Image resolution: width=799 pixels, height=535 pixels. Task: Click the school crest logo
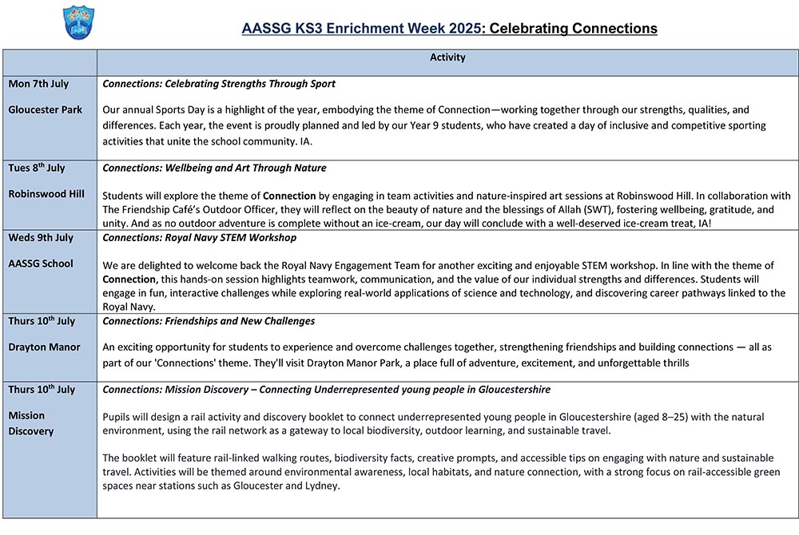tap(78, 22)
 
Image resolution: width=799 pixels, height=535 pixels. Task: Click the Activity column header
tap(447, 58)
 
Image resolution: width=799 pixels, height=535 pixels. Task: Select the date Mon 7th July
tap(38, 84)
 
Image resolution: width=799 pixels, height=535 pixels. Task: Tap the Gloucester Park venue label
tap(45, 109)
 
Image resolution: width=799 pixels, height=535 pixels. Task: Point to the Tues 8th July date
tap(37, 168)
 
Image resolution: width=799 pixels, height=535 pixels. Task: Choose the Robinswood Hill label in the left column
tap(46, 194)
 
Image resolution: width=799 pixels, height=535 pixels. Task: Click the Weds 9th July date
tap(41, 238)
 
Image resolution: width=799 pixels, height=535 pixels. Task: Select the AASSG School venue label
tap(41, 264)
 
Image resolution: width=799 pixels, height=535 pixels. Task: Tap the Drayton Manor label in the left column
tap(42, 347)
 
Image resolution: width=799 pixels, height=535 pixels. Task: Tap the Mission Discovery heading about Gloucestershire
tap(326, 390)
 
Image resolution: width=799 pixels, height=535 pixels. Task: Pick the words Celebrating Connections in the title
tap(573, 30)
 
